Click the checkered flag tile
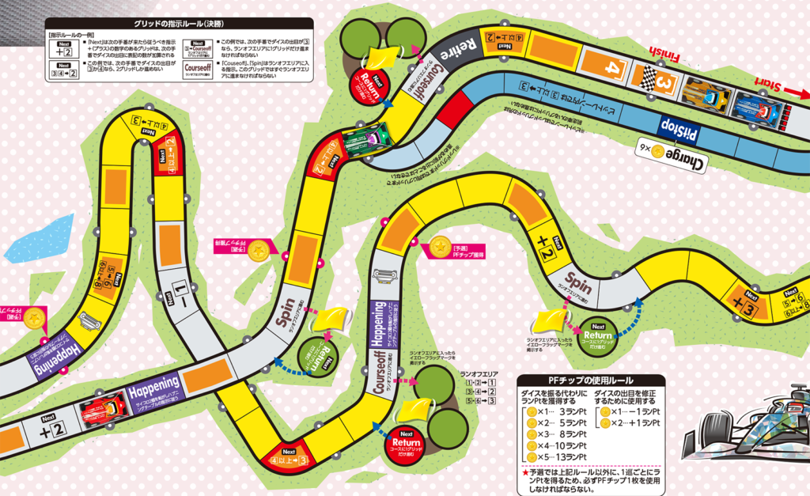click(647, 77)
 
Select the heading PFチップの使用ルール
click(590, 381)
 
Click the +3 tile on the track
click(744, 305)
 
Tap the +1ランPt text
click(645, 423)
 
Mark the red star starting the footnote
click(524, 472)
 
